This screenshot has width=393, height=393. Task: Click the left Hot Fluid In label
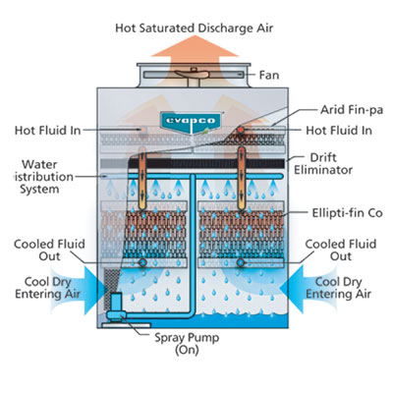point(47,130)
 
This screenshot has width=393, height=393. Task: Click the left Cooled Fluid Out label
point(41,251)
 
